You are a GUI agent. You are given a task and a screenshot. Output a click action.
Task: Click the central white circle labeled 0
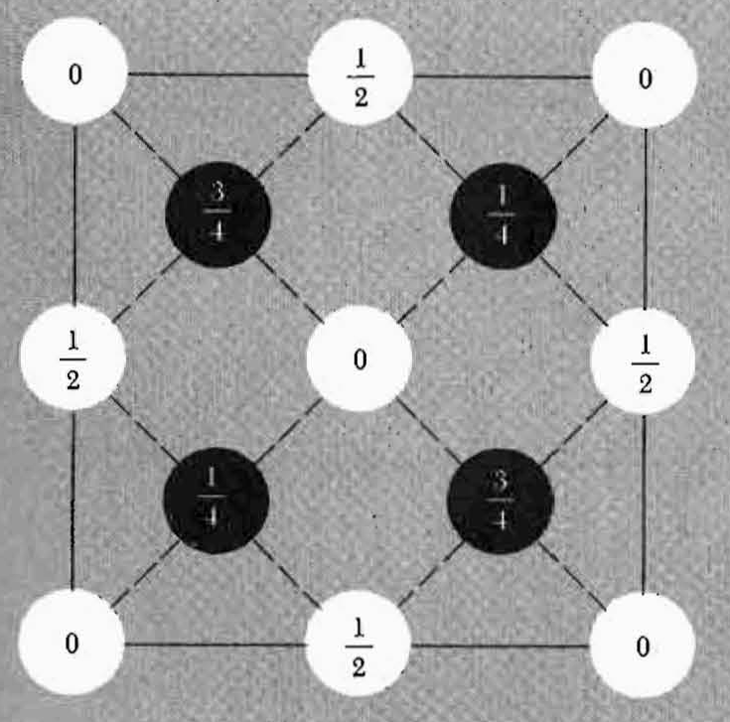click(359, 358)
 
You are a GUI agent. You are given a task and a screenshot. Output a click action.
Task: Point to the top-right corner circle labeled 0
click(644, 75)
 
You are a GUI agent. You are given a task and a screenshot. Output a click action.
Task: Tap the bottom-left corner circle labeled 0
click(72, 644)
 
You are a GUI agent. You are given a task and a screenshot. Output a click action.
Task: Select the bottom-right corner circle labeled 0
click(643, 647)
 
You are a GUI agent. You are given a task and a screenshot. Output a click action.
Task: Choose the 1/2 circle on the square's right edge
click(644, 359)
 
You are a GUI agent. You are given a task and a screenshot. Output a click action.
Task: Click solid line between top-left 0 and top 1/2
click(218, 74)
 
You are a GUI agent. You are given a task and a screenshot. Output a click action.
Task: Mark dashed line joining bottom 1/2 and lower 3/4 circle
click(427, 574)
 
